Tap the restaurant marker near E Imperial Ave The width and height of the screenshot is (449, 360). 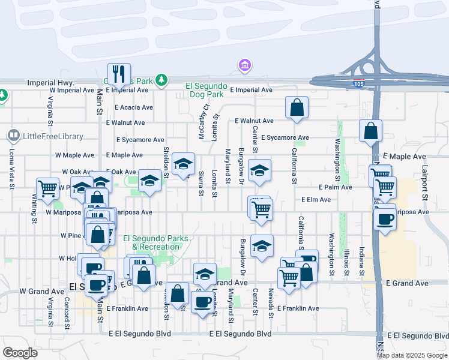(x=119, y=74)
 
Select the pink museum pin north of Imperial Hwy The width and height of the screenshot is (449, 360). (x=244, y=65)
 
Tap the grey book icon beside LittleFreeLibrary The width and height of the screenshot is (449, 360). (x=14, y=136)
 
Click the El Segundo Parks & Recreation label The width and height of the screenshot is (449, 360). (x=156, y=242)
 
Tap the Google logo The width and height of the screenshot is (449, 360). (x=20, y=353)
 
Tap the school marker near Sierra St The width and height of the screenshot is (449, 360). (x=183, y=164)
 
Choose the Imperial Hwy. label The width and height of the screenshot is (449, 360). (x=50, y=82)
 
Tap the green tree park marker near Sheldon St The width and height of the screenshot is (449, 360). (x=160, y=79)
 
